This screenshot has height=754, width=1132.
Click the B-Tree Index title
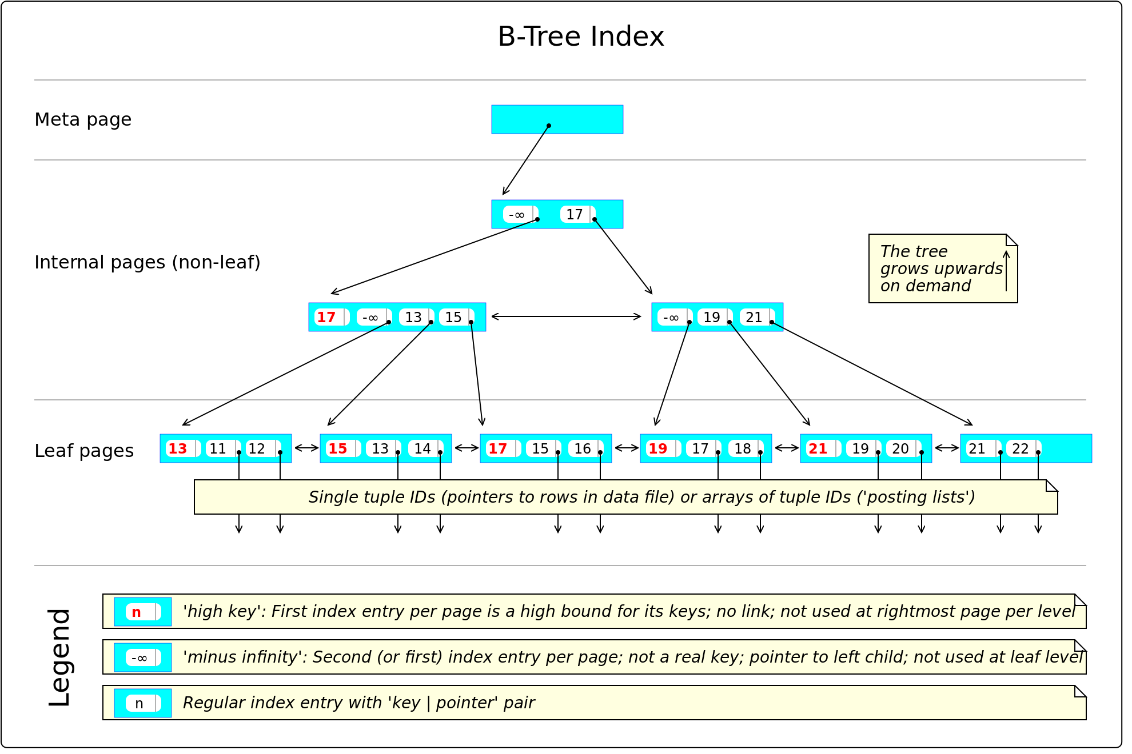(581, 37)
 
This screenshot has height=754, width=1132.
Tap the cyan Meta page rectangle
(557, 119)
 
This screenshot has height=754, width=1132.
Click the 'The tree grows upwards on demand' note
(943, 268)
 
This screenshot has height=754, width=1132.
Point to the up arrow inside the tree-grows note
(1006, 271)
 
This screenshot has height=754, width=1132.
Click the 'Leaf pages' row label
(84, 451)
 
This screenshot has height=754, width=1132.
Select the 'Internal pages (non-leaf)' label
(148, 262)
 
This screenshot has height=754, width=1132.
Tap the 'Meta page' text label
(83, 119)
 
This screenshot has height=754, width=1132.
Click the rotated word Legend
(59, 657)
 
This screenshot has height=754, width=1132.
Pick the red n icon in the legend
(143, 612)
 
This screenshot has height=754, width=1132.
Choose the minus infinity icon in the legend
(143, 657)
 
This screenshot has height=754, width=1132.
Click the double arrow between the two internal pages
(566, 316)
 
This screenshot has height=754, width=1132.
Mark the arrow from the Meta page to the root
(526, 160)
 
